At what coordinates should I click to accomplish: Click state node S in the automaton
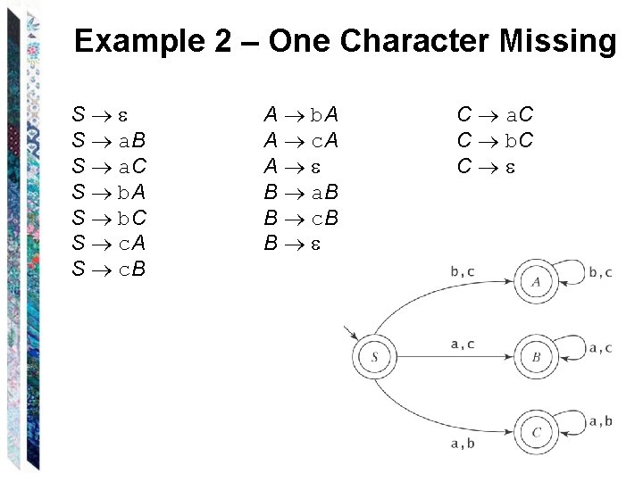coord(375,358)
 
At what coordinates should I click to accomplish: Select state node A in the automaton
coord(536,282)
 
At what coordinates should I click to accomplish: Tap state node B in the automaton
coord(536,358)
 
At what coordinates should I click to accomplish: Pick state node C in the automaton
coord(536,433)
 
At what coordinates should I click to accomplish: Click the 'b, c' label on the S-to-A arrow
coord(463,271)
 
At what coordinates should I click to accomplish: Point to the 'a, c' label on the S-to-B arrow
coord(463,344)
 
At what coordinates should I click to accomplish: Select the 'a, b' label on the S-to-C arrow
coord(463,444)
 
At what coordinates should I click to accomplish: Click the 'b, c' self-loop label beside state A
coord(600,272)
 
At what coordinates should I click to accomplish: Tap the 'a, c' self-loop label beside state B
coord(600,347)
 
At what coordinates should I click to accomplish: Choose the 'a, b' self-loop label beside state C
coord(600,421)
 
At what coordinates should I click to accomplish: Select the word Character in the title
coord(417,41)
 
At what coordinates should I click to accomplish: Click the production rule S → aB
coord(109,140)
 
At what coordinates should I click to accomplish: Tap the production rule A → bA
coord(301,115)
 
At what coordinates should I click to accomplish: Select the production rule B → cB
coord(301,216)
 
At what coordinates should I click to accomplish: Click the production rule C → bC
coord(495,140)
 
